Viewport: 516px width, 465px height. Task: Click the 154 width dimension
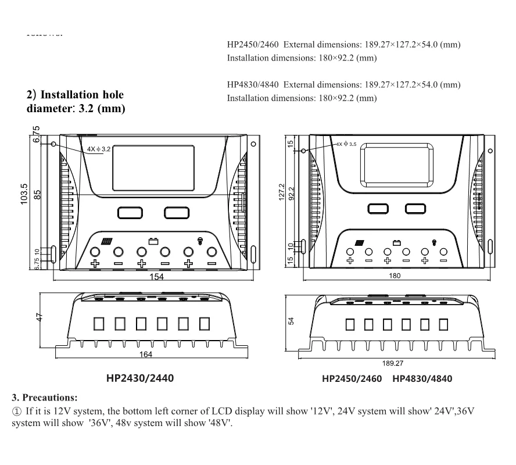[156, 277]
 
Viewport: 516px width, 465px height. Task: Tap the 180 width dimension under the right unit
[395, 276]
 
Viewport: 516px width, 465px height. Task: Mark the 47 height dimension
[38, 317]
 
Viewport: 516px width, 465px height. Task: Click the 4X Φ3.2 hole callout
[97, 149]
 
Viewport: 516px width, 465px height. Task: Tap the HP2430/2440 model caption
[139, 378]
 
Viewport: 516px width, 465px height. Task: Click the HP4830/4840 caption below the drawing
[422, 379]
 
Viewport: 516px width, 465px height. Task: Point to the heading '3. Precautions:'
[45, 398]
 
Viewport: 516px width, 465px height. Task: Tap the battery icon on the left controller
[153, 240]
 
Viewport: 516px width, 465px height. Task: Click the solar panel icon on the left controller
[106, 241]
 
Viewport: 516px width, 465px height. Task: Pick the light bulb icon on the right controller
[433, 242]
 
